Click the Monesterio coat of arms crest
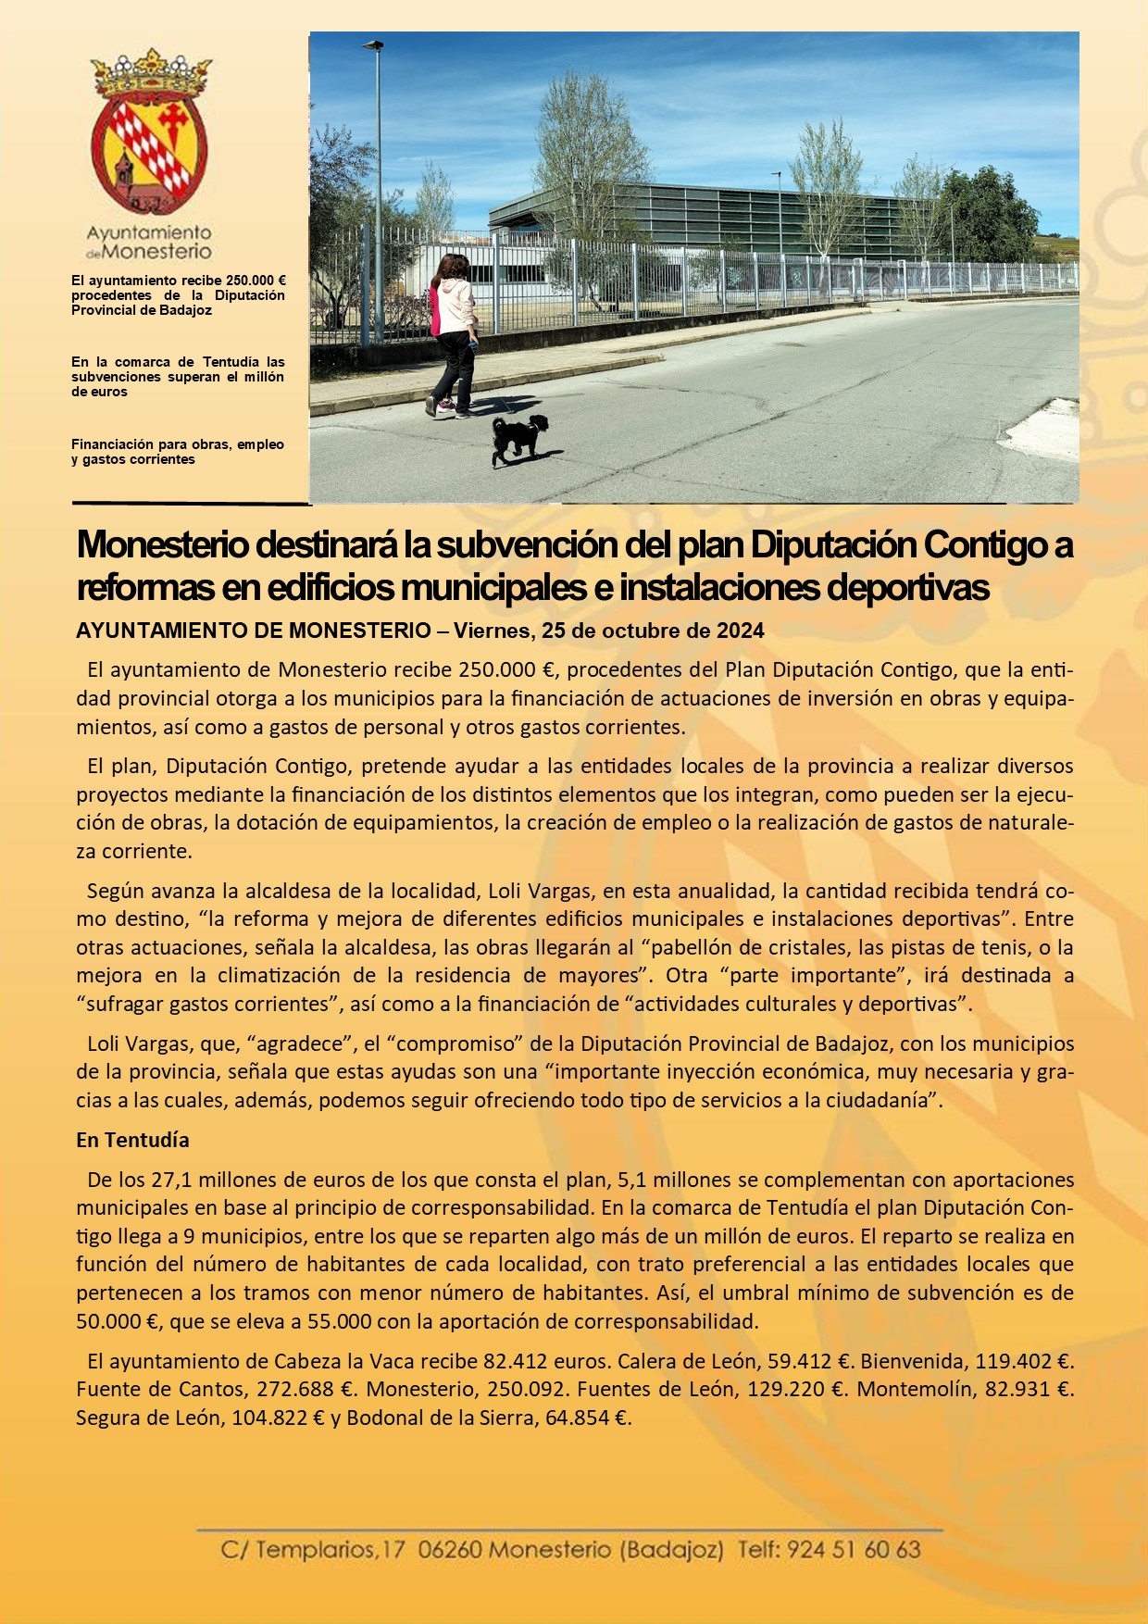point(150,135)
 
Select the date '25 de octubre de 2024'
point(654,631)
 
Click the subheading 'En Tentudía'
point(132,1140)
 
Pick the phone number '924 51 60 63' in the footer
point(854,1550)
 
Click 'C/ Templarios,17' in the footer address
point(312,1550)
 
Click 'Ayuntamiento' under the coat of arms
point(149,232)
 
